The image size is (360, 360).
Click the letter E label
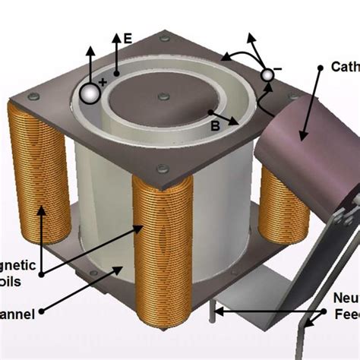(127, 38)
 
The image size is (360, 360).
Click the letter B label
(216, 127)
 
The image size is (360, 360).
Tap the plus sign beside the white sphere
(103, 82)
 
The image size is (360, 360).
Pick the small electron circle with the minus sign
(267, 74)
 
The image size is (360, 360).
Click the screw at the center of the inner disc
(161, 96)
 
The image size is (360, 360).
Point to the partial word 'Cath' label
(345, 67)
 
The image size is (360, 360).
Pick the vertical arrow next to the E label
(115, 53)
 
